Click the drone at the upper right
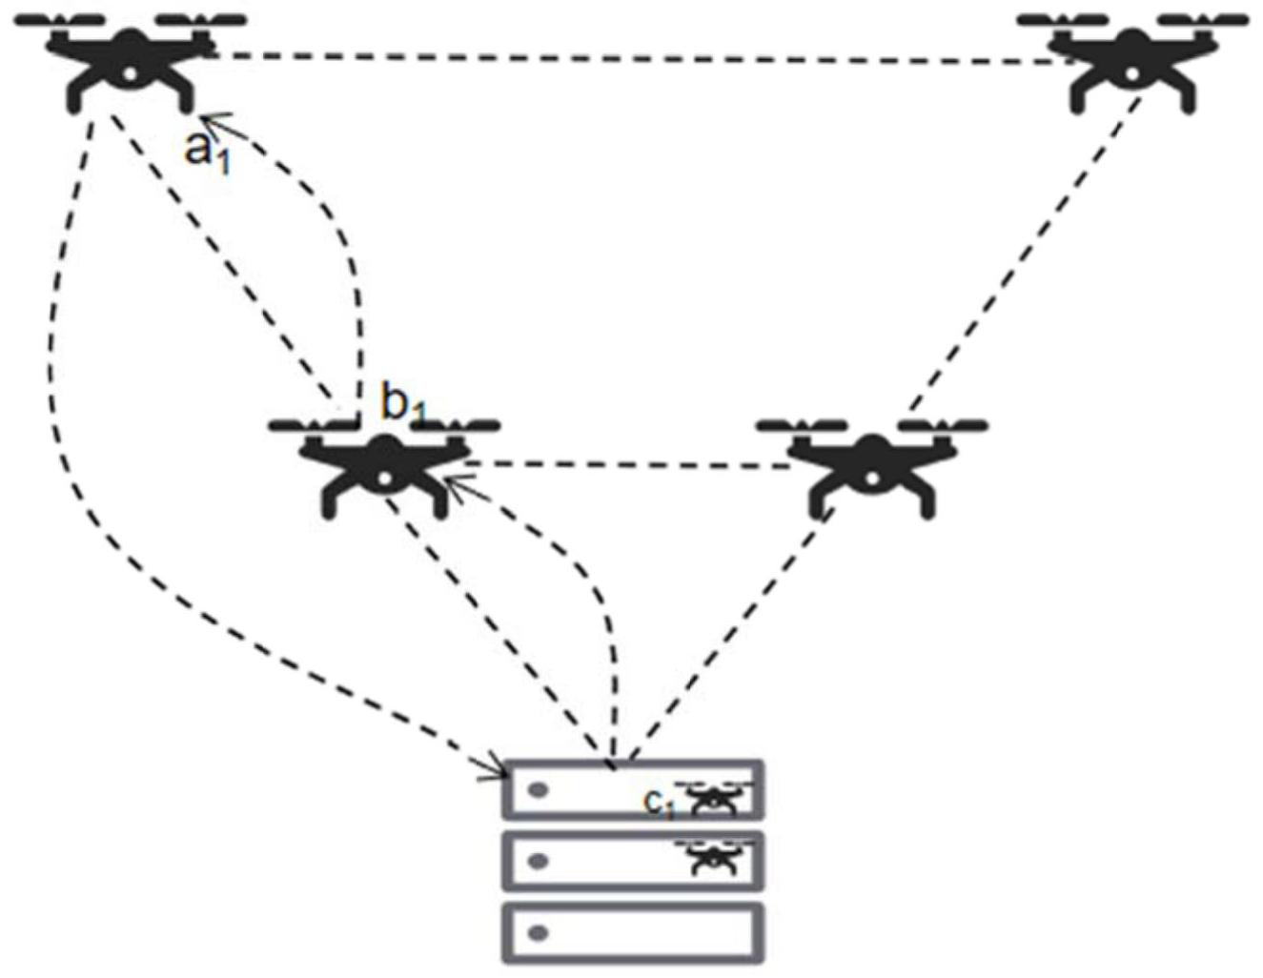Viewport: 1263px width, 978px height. point(1131,61)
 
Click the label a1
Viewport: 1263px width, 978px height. point(206,151)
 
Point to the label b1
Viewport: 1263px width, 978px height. point(403,404)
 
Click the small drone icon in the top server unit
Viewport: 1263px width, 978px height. point(715,799)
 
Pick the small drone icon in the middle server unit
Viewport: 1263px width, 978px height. point(715,858)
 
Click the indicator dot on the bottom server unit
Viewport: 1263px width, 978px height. point(539,932)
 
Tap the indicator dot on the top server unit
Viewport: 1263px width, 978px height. point(539,790)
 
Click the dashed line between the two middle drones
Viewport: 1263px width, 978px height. point(629,465)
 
